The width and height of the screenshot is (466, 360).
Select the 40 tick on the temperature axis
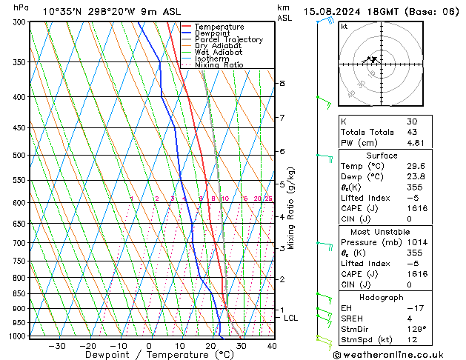pyautogui.click(x=272, y=346)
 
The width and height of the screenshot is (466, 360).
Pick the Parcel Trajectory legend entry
pyautogui.click(x=228, y=40)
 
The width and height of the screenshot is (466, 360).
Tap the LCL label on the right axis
pyautogui.click(x=291, y=318)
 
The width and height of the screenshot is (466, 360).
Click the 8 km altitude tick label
pyautogui.click(x=282, y=84)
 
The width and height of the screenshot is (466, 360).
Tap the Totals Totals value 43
pyautogui.click(x=412, y=132)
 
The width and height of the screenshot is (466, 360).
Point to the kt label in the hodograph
pyautogui.click(x=344, y=27)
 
